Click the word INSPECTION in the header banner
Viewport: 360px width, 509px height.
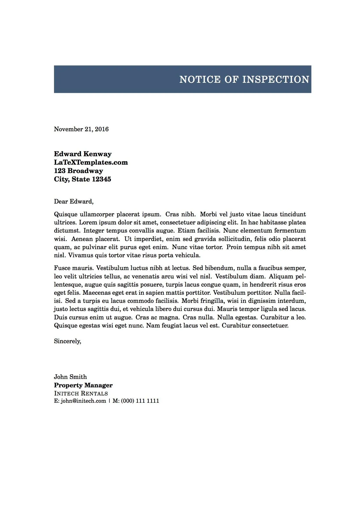coord(276,79)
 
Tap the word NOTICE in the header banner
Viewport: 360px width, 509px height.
coord(200,79)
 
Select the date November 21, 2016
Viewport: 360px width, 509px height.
coord(81,129)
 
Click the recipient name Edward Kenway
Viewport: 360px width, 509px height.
coord(83,154)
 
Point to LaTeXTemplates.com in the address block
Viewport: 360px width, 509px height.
coord(91,162)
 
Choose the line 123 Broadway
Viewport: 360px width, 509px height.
coord(78,171)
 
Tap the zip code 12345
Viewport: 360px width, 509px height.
coord(101,179)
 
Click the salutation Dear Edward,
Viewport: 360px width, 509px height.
coord(74,202)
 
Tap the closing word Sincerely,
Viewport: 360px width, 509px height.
coord(68,341)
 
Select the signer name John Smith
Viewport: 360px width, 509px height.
coord(70,377)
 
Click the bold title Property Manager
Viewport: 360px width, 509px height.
coord(83,385)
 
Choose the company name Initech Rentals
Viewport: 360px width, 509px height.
coord(81,393)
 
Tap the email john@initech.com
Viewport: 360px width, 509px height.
coord(83,401)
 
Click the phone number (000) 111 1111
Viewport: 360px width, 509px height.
coord(140,401)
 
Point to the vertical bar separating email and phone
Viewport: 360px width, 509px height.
coord(109,401)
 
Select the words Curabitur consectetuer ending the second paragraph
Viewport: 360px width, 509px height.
coord(255,325)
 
